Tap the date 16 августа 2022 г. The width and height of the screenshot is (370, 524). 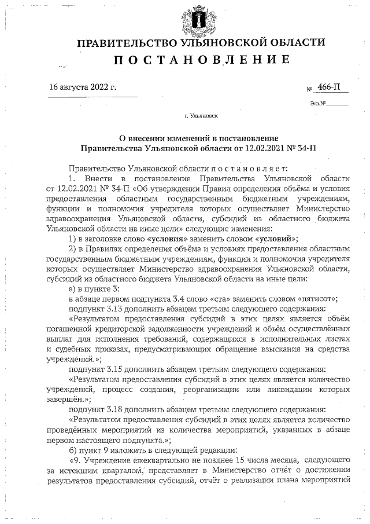click(x=83, y=87)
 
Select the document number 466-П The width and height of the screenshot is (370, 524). click(x=328, y=87)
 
